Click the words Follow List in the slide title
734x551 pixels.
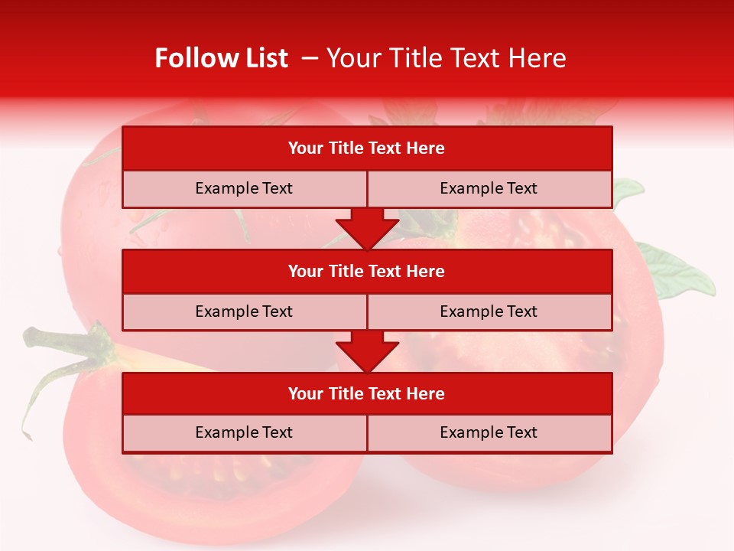(x=221, y=58)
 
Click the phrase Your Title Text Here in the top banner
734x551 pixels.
(x=446, y=58)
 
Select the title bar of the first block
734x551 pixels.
(x=366, y=148)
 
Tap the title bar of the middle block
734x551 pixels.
(x=366, y=271)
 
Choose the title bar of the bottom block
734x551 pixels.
(x=366, y=393)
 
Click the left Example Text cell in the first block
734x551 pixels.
(x=244, y=188)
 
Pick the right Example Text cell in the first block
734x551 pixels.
(x=489, y=188)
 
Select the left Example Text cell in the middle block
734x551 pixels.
(x=244, y=311)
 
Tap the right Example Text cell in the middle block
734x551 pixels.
(x=489, y=311)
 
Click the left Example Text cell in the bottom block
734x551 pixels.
(x=244, y=432)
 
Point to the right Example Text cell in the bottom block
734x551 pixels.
(x=489, y=432)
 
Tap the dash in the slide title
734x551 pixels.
(x=310, y=58)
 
